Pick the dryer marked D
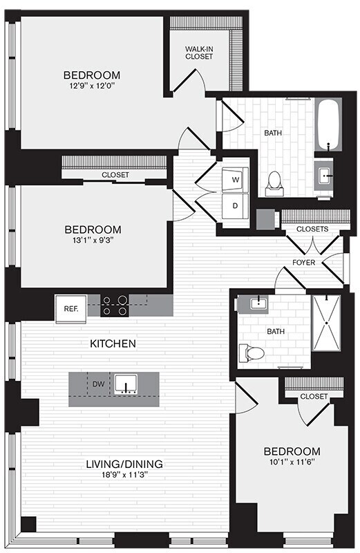[x=234, y=205]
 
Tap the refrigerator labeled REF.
[x=70, y=309]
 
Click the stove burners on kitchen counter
[x=114, y=306]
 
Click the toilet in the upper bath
[x=274, y=181]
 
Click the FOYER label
[x=304, y=262]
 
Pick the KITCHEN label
[x=112, y=343]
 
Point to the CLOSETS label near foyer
[x=312, y=229]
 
